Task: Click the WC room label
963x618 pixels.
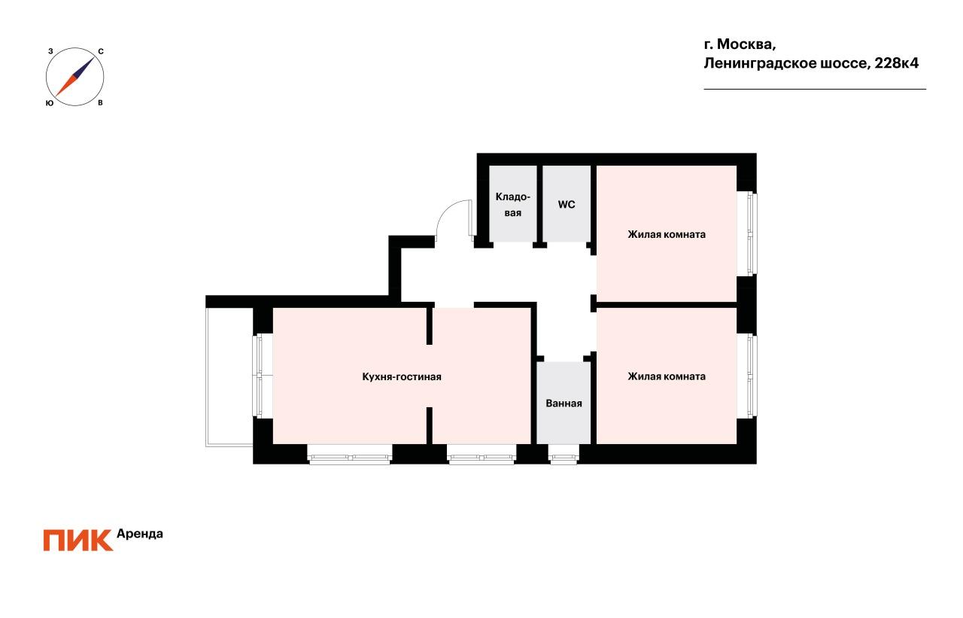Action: coord(567,205)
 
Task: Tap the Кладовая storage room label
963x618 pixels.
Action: coord(513,205)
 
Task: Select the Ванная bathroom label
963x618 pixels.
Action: coord(564,403)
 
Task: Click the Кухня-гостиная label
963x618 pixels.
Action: coord(402,377)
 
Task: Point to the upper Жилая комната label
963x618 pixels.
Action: coord(667,234)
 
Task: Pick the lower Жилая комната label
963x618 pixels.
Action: coord(667,376)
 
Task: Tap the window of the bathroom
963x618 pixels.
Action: coord(564,454)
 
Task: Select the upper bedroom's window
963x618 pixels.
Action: coord(748,233)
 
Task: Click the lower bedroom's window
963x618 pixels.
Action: coord(748,376)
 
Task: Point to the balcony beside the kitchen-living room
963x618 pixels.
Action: coord(229,377)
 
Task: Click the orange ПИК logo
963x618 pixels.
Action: coord(77,540)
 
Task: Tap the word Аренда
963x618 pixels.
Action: coord(140,534)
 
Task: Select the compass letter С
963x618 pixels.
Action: coord(101,52)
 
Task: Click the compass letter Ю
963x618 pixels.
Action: coord(50,103)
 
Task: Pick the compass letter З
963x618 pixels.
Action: coord(50,51)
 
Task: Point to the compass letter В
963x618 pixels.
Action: coord(100,103)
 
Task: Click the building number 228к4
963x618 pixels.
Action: coord(896,63)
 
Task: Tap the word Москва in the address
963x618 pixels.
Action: coord(746,44)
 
